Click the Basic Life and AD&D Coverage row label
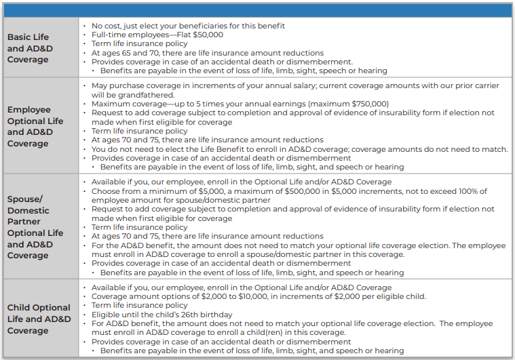(x=31, y=48)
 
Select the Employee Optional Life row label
(x=35, y=126)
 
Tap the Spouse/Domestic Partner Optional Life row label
(x=35, y=227)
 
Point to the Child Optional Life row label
(x=39, y=319)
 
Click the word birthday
(x=215, y=315)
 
